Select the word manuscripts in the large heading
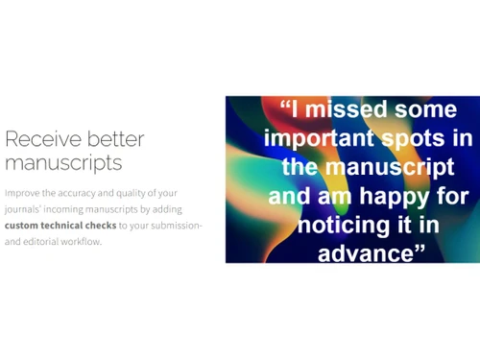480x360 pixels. point(63,162)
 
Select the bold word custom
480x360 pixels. point(26,225)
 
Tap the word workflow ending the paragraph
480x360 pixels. point(86,240)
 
